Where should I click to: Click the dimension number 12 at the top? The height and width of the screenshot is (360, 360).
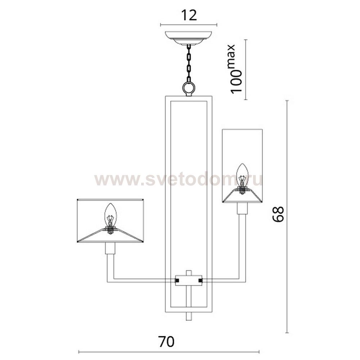point(189,15)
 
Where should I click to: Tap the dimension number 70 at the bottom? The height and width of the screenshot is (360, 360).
point(166,342)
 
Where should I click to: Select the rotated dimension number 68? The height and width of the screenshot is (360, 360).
point(278,214)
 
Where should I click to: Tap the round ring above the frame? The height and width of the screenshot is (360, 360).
point(189,88)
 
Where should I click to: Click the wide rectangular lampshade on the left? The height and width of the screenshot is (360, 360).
point(110,221)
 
